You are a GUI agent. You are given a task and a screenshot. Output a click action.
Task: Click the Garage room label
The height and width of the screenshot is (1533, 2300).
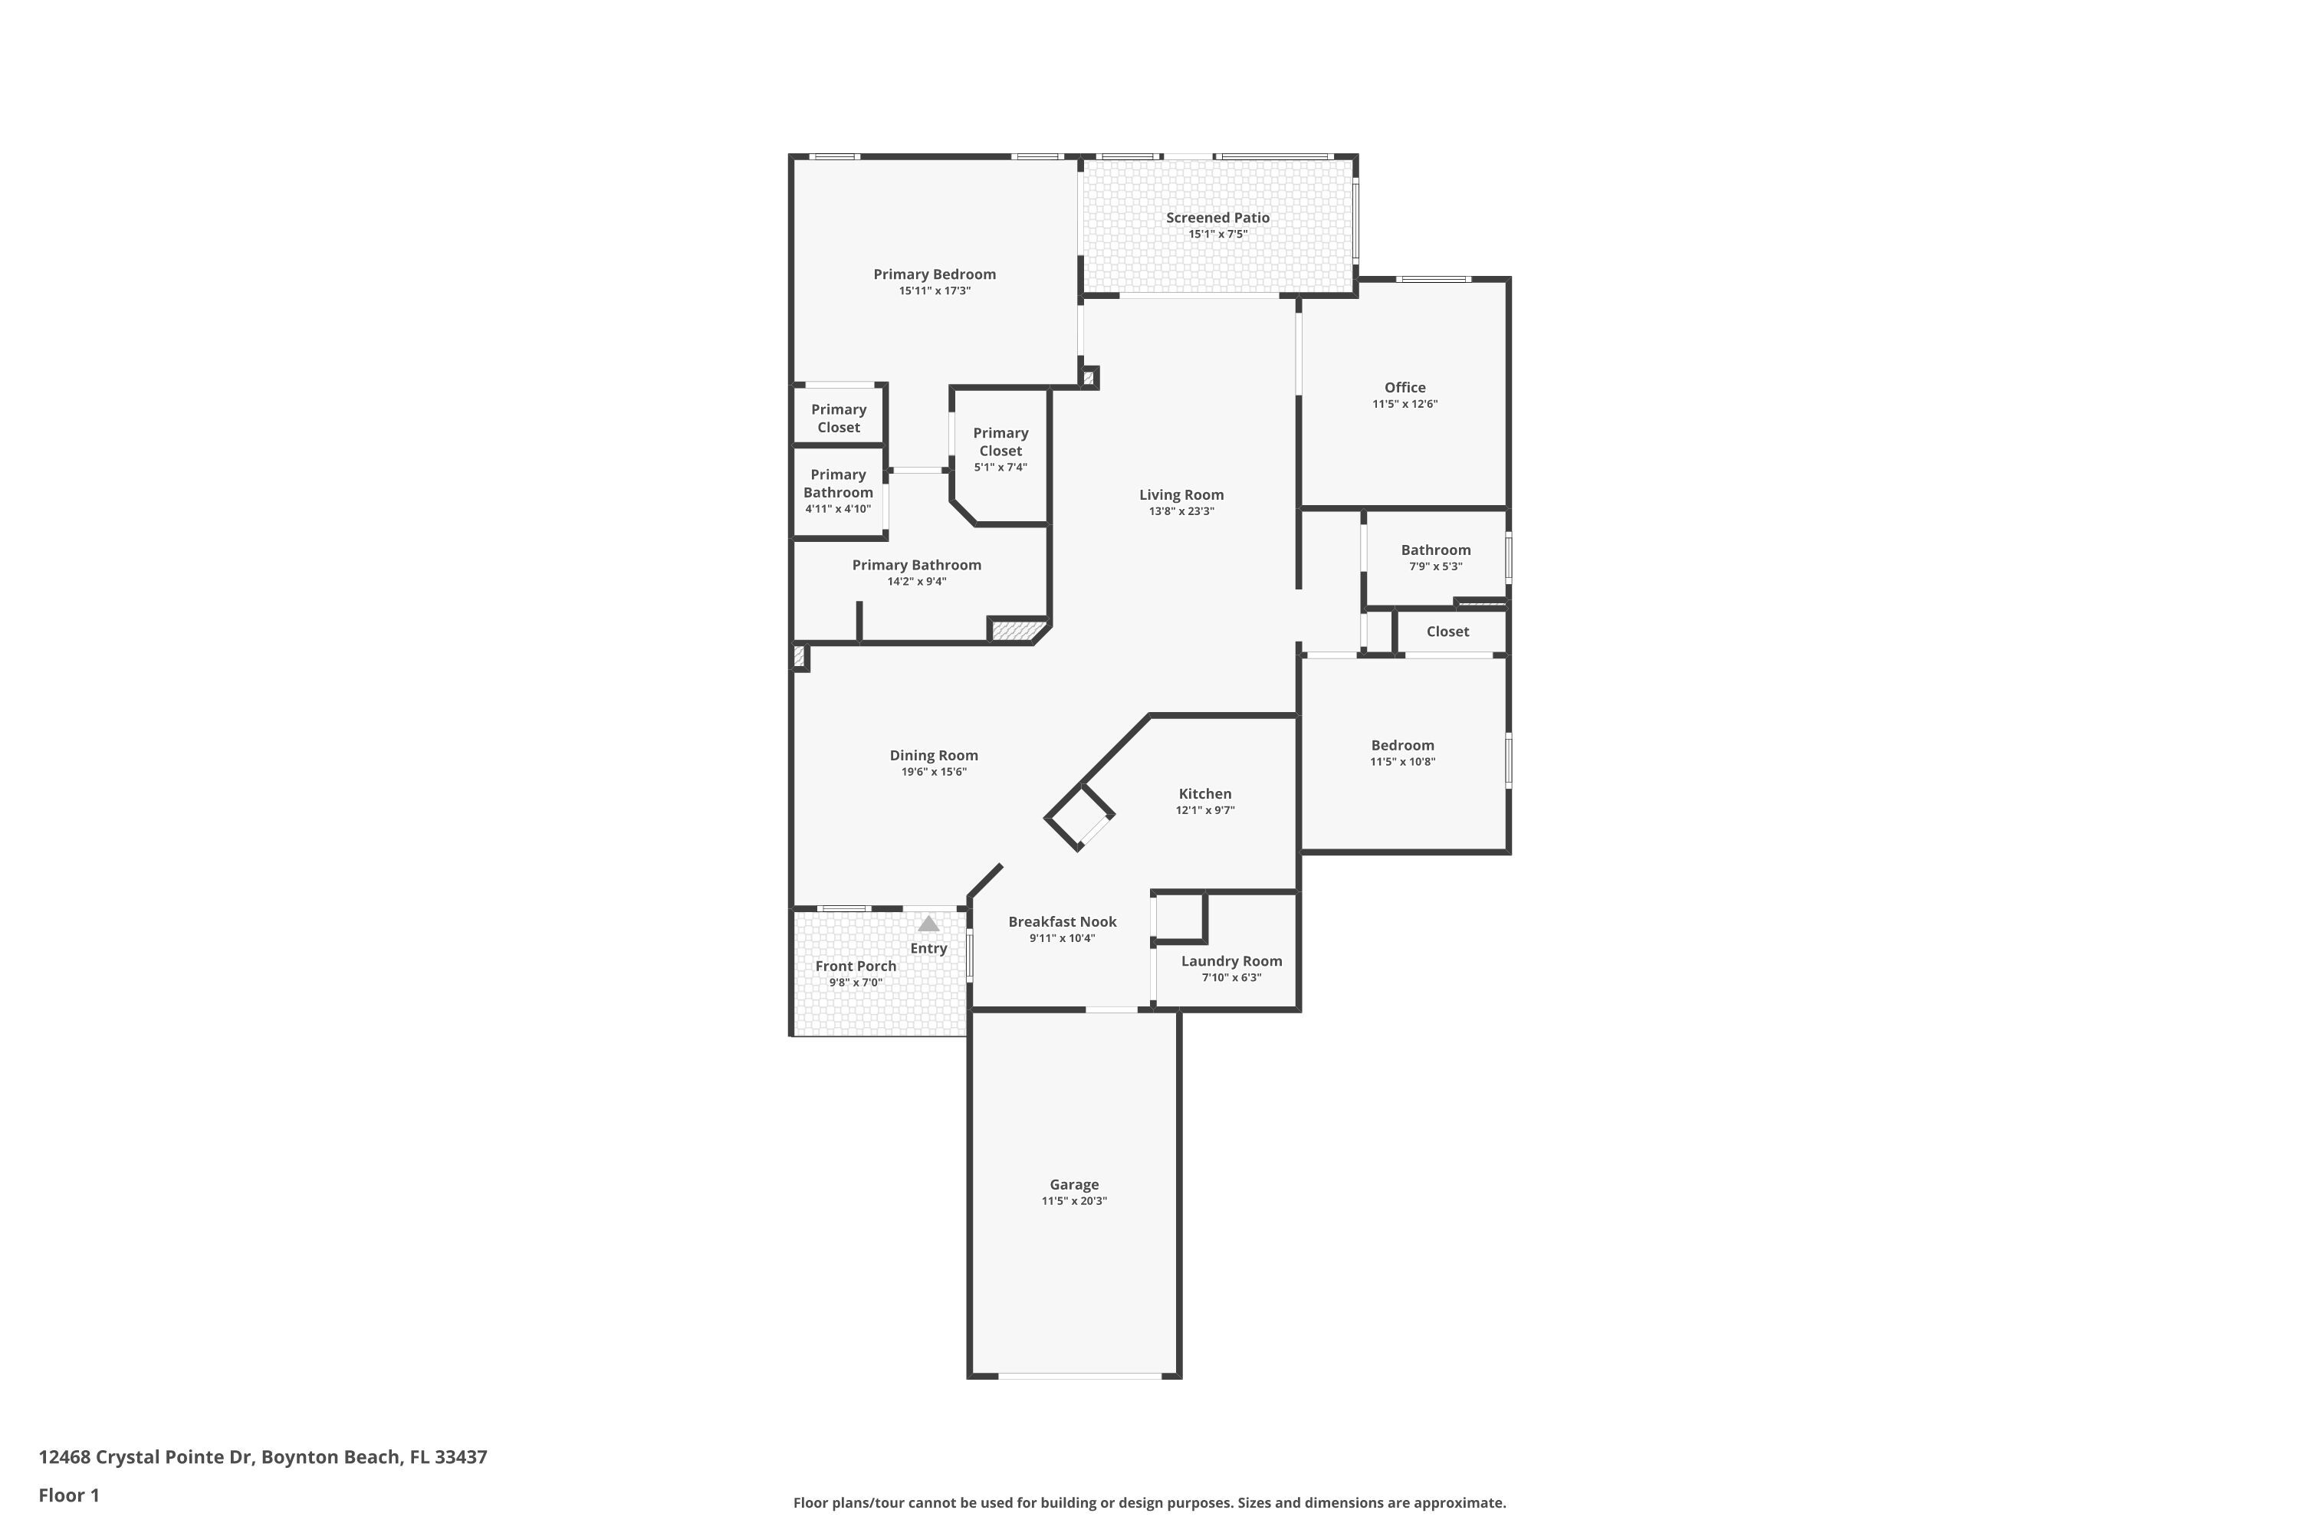[1074, 1185]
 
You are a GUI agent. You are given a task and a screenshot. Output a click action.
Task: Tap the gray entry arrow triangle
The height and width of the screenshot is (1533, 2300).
[928, 923]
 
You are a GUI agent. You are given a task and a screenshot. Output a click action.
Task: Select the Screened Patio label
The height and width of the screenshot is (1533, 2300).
[1217, 218]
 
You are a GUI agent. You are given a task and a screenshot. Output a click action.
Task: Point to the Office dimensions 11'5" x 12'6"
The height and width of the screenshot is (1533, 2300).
[1405, 404]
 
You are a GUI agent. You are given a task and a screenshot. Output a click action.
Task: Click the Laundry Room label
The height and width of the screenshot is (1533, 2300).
[1231, 961]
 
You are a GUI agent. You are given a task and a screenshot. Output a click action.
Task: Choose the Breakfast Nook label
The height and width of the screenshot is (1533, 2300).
[1062, 922]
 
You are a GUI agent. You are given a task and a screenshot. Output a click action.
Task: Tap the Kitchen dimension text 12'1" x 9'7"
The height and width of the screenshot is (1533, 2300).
[1204, 810]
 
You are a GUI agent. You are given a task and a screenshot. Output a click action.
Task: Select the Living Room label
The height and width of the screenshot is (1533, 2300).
[1181, 494]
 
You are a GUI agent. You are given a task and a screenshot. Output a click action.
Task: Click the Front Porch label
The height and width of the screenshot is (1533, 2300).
[856, 966]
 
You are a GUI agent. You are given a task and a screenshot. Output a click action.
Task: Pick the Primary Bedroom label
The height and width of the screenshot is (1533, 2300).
[935, 274]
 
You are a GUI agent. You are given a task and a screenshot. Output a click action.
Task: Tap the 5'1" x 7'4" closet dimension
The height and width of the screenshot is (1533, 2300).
[1001, 468]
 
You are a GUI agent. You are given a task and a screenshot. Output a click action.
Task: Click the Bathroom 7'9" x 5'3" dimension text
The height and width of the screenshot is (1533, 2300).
[1435, 567]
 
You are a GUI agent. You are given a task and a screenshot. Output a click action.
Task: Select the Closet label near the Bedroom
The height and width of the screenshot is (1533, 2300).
[1447, 632]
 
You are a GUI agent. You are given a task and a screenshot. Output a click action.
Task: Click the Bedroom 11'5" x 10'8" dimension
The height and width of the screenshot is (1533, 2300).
[1402, 762]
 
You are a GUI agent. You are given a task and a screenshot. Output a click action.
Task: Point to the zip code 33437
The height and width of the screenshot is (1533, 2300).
[461, 1457]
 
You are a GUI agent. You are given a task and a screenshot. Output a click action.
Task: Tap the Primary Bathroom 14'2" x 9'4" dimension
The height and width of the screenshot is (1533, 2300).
[916, 582]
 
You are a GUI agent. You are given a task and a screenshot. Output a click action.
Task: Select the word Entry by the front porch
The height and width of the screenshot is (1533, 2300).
[928, 948]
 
